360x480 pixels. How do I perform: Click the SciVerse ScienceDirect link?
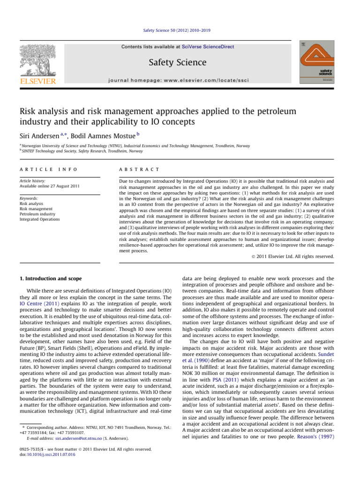(209, 47)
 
